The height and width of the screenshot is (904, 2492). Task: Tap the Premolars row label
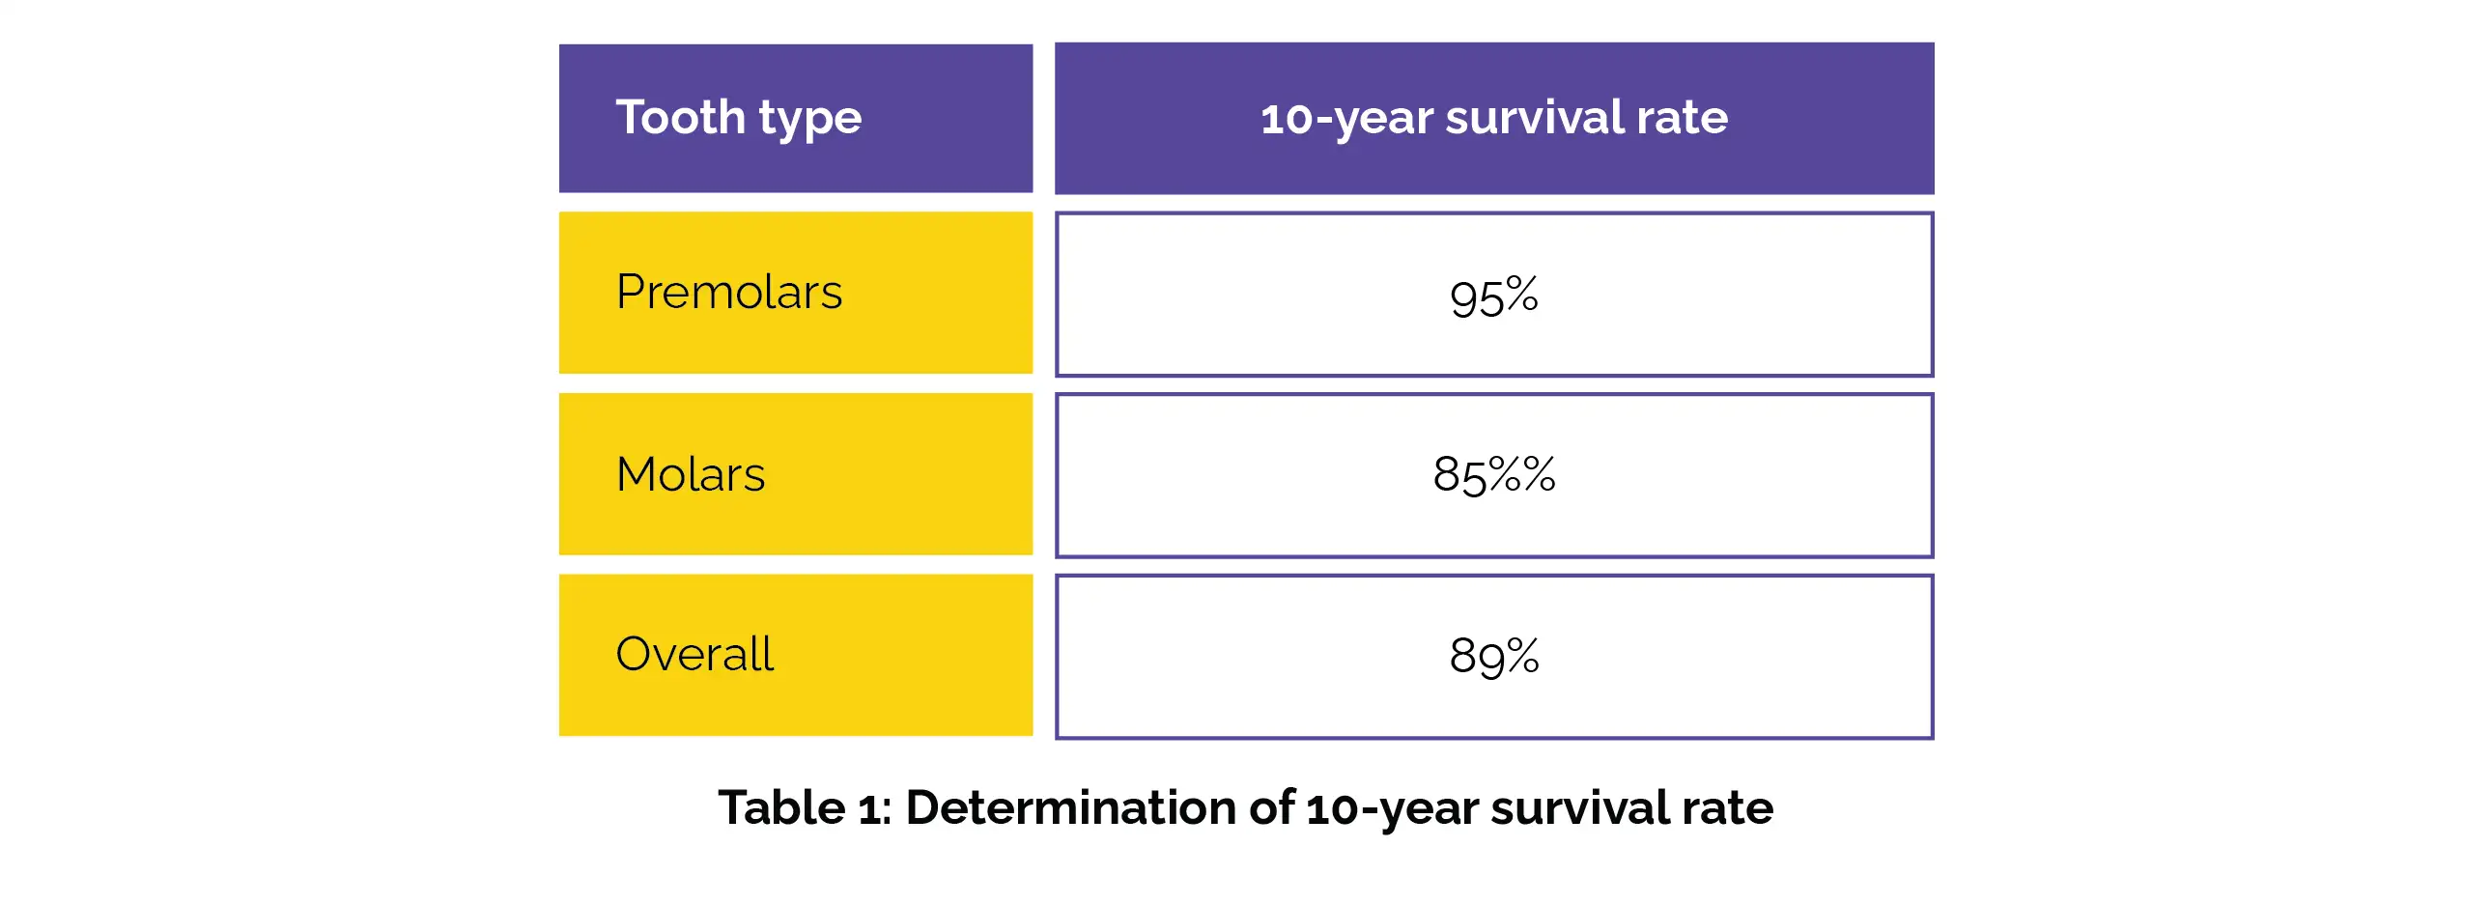coord(728,292)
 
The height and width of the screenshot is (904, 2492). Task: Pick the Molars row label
coord(691,474)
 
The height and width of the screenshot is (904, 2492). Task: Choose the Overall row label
coord(694,654)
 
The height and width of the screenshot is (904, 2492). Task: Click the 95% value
coord(1493,296)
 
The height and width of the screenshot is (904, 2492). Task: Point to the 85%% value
coord(1493,475)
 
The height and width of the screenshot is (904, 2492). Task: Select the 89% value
coord(1493,656)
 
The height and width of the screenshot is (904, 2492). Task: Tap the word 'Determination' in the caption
coord(1071,807)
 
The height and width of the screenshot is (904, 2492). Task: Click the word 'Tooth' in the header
coord(680,117)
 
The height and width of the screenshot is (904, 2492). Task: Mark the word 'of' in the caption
coord(1271,807)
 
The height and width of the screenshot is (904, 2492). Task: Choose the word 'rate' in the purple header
coord(1683,119)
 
